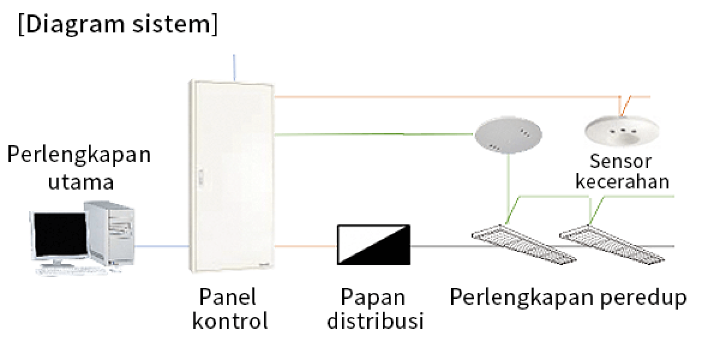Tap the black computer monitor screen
[61, 236]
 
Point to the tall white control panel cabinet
[231, 176]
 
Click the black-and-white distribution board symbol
[373, 244]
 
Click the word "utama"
[80, 182]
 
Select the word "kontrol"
[230, 320]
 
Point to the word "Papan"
[373, 298]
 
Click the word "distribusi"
[375, 320]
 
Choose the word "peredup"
[642, 298]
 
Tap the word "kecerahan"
[622, 181]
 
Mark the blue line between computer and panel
[161, 246]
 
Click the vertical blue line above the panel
[233, 67]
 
